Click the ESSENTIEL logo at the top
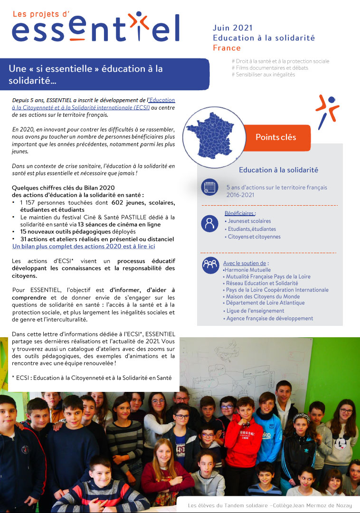pos(95,27)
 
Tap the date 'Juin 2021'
pos(233,28)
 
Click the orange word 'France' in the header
pos(227,48)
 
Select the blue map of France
pos(210,133)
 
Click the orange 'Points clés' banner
pos(275,137)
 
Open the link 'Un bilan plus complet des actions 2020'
pos(84,246)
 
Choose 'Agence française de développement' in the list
pos(269,318)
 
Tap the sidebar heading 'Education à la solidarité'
pos(278,170)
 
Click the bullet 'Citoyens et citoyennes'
pos(254,237)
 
